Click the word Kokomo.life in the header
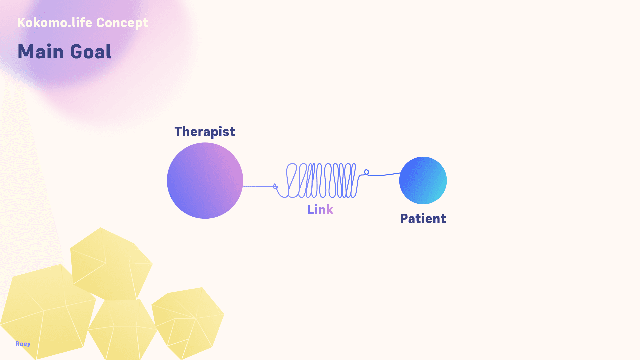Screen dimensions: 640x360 (55, 23)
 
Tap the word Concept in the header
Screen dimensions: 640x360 (122, 23)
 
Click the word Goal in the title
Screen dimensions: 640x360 (91, 52)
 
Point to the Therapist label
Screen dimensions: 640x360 (205, 132)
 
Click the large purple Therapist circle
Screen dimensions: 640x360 (205, 181)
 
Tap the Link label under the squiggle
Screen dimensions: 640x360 (320, 210)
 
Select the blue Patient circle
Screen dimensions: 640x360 (423, 180)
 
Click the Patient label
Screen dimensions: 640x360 (423, 219)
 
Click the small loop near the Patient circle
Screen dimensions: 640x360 (367, 172)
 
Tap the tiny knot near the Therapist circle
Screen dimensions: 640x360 (275, 186)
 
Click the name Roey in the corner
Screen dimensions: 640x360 (23, 344)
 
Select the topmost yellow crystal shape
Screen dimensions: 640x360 (110, 263)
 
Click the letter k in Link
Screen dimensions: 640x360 (330, 210)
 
